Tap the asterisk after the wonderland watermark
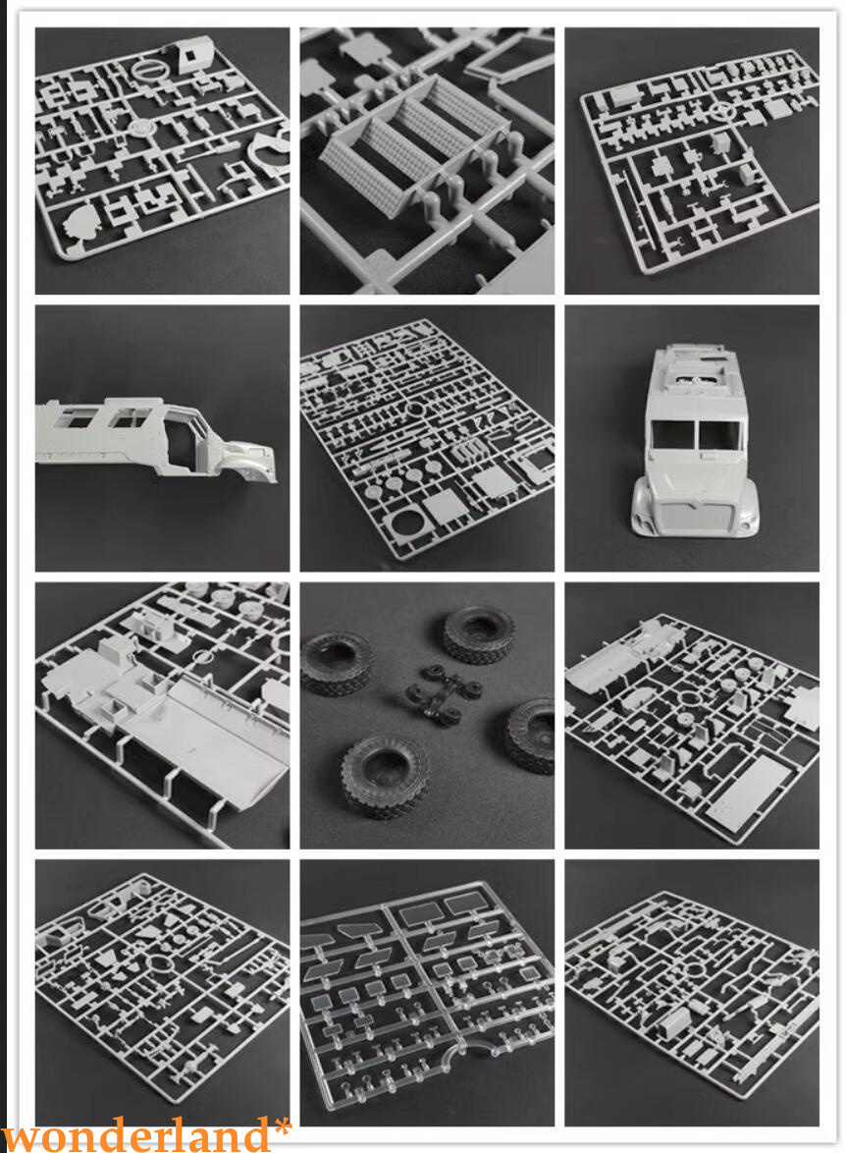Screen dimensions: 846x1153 tap(282, 1126)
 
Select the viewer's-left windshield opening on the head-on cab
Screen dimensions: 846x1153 tap(672, 434)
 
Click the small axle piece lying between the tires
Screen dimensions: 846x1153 tap(444, 692)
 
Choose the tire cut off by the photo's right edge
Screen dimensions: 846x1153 tap(531, 735)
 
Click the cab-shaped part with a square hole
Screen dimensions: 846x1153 tap(194, 56)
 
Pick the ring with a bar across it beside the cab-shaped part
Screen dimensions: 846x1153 tap(149, 72)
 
